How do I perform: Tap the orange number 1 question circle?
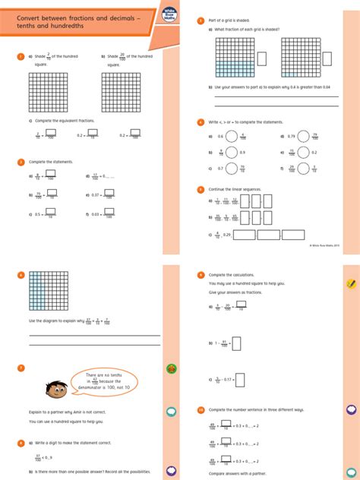click(20, 56)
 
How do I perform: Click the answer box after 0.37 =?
click(109, 194)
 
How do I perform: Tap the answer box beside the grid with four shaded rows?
click(262, 58)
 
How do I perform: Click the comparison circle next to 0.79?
click(302, 137)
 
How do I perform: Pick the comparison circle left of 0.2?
click(302, 153)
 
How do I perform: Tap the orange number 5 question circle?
click(200, 189)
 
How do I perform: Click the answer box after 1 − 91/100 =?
click(236, 343)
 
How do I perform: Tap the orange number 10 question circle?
click(200, 409)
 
